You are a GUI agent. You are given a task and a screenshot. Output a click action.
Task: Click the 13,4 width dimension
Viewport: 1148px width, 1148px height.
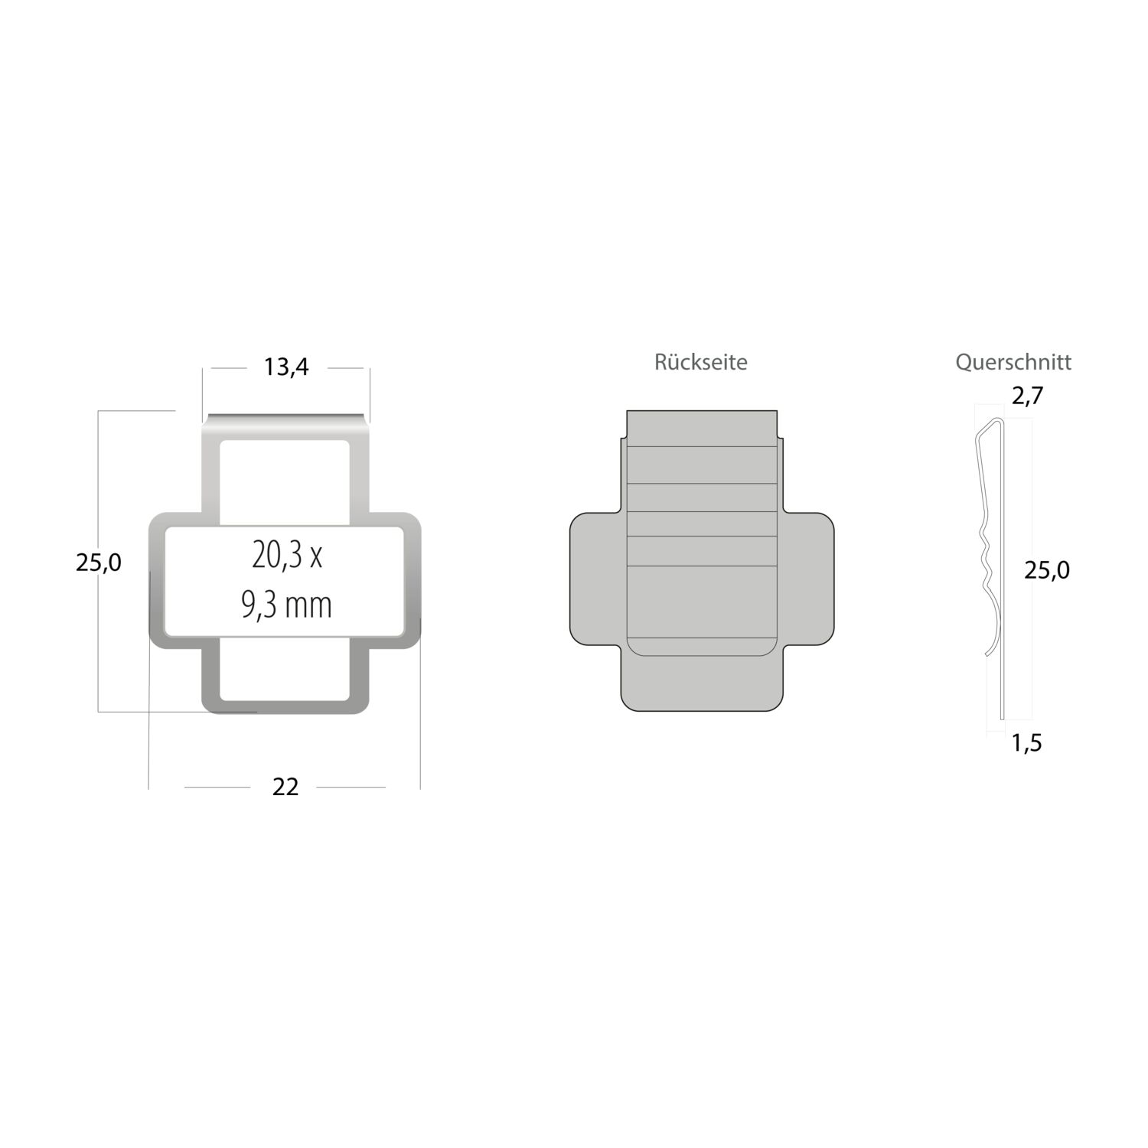tap(286, 367)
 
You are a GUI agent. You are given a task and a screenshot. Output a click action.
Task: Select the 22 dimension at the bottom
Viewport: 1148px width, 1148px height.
tap(285, 787)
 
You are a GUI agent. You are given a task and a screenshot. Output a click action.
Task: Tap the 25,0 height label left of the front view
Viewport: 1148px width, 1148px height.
tap(98, 563)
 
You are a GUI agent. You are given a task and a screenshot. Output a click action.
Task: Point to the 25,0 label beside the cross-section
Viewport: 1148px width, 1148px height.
tap(1047, 570)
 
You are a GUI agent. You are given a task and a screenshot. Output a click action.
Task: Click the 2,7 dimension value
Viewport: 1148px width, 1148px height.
tap(1027, 396)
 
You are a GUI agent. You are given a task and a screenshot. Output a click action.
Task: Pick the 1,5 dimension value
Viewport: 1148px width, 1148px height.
tap(1026, 742)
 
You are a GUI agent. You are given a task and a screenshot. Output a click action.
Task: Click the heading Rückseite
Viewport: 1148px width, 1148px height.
tap(700, 362)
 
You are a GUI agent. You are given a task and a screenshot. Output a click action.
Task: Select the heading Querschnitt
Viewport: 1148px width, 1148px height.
tap(1013, 362)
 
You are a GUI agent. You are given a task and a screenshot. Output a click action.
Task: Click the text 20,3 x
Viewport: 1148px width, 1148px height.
tap(287, 555)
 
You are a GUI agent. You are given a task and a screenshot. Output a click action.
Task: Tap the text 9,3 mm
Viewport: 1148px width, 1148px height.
tap(286, 605)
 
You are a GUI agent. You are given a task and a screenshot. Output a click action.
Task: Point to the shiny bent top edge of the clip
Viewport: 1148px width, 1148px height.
tap(285, 419)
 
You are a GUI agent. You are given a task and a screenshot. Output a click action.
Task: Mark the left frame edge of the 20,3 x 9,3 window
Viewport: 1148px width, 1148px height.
tap(157, 582)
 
